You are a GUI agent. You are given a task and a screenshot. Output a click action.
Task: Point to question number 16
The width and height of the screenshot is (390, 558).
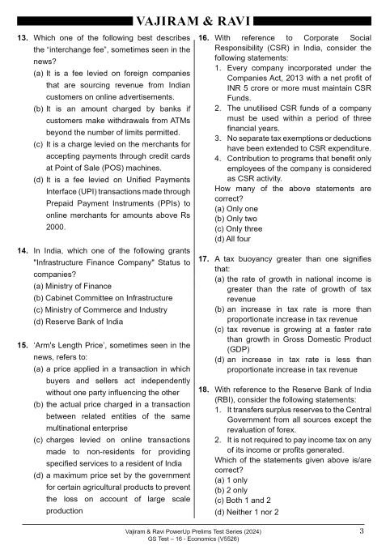point(204,39)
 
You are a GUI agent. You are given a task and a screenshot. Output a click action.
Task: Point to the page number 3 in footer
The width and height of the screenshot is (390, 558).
point(360,531)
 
